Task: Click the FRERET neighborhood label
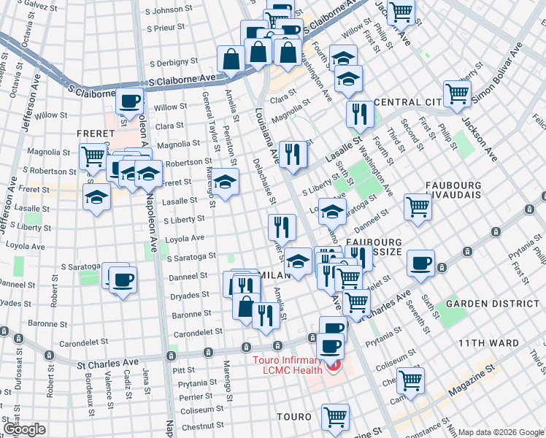click(94, 134)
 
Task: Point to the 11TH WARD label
click(488, 342)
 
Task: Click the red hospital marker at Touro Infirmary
click(334, 364)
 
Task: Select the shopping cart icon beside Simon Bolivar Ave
click(457, 93)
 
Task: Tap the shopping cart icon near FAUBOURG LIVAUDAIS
click(418, 206)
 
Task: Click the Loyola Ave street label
click(185, 239)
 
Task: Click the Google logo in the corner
click(25, 429)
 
